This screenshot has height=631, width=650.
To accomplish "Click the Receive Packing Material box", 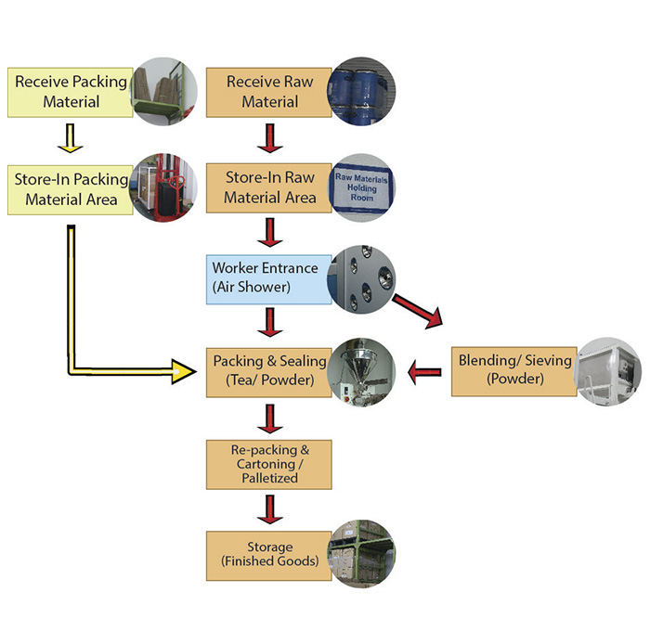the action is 71,93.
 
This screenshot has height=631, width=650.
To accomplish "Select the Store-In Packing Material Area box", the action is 71,189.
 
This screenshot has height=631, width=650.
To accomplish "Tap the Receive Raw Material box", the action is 269,93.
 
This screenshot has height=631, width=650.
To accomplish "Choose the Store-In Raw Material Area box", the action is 269,188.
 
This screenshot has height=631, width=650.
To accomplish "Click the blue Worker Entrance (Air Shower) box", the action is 269,279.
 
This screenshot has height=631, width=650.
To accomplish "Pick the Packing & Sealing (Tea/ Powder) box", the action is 269,372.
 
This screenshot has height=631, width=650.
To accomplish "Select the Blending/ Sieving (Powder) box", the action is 514,371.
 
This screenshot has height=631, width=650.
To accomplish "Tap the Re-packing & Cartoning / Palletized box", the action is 269,465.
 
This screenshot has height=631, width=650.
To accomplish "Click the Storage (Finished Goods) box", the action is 269,556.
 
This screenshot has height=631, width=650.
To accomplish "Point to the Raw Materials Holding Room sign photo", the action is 361,188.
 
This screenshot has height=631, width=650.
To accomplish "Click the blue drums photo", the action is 361,92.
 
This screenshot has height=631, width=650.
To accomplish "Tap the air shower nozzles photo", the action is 361,279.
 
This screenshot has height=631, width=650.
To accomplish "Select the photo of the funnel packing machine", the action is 361,372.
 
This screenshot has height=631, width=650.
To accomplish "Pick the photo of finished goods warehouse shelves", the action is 361,554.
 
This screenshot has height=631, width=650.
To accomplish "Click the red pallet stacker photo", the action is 163,187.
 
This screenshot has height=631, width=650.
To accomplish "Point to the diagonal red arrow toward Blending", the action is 418,312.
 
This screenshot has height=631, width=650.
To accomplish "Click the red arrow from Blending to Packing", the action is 424,372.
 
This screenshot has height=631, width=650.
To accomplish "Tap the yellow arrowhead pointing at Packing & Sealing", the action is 184,371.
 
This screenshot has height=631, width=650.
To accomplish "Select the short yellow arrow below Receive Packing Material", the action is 71,138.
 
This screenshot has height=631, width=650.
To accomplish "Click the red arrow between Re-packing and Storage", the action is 270,509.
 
